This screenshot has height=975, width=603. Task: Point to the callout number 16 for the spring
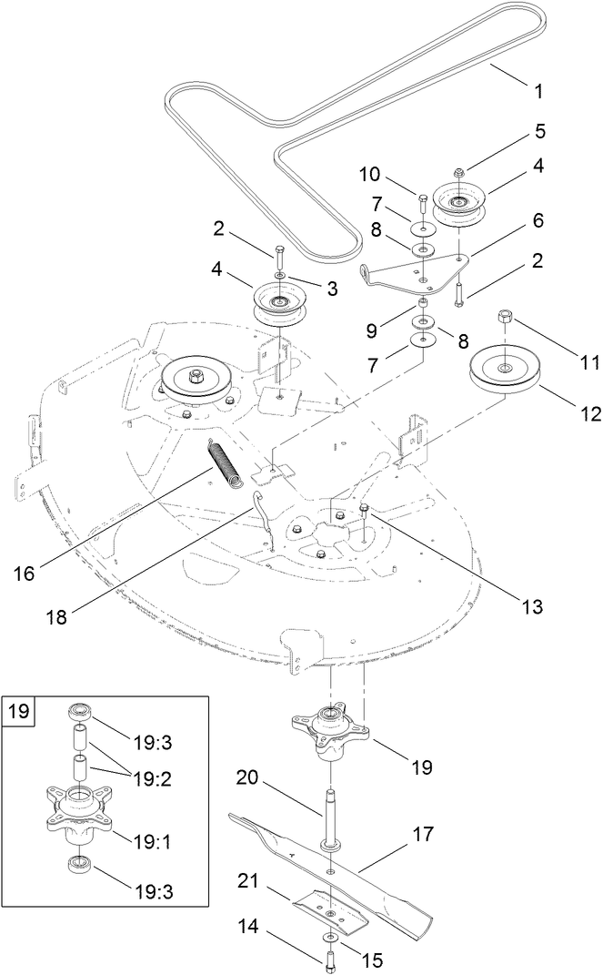coord(24,574)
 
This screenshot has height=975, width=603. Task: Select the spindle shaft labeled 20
coord(328,815)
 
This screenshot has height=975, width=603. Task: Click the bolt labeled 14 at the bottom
coord(328,958)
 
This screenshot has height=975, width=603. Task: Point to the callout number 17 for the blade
coord(423,834)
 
